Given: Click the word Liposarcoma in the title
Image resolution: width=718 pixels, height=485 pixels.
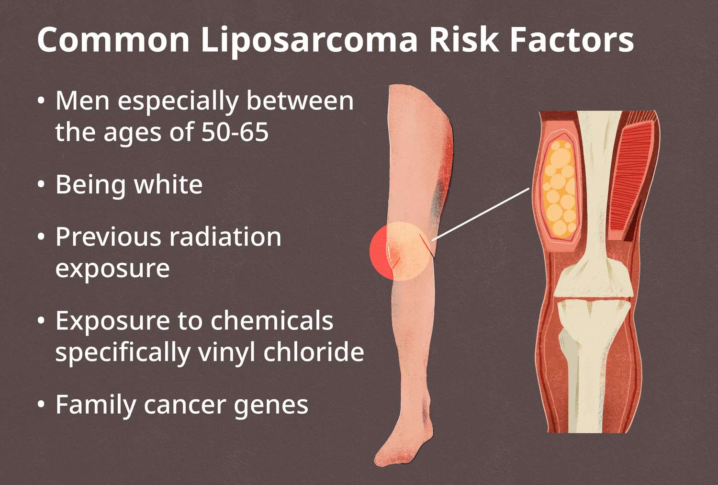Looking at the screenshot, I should click(310, 40).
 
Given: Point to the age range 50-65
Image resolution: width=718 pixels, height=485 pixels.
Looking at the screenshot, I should click(235, 132).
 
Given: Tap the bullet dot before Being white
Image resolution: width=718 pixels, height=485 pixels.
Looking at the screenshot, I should click(41, 185).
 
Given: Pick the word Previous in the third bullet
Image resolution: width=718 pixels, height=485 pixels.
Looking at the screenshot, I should click(108, 237).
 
